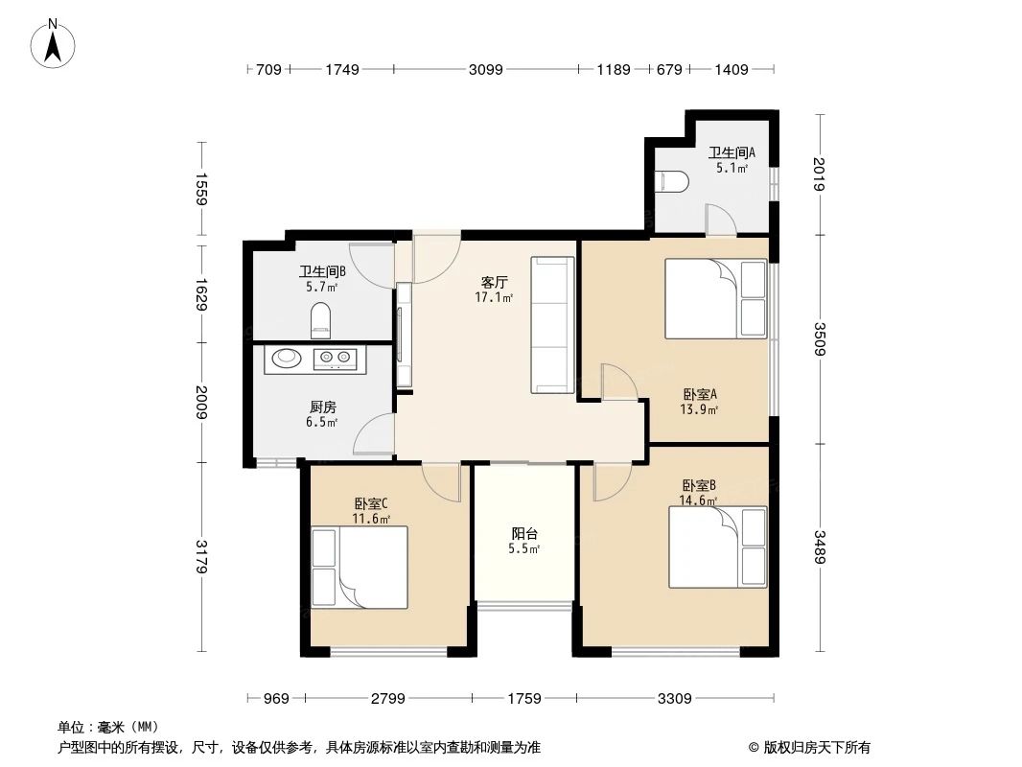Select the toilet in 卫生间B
point(322,319)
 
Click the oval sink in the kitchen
point(287,360)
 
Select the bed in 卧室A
point(716,298)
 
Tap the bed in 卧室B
point(718,546)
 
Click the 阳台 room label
point(524,534)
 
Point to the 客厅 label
point(494,282)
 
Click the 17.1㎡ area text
point(494,297)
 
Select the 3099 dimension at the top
point(485,69)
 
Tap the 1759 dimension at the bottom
point(523,698)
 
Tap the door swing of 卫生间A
point(720,219)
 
